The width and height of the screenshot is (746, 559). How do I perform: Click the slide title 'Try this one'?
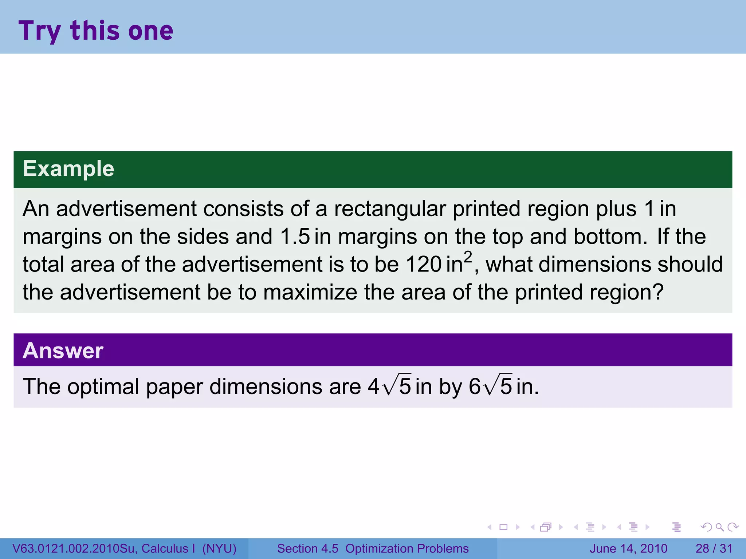click(96, 31)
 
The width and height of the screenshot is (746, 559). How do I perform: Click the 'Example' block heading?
click(68, 169)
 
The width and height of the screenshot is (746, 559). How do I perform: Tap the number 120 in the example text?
click(423, 264)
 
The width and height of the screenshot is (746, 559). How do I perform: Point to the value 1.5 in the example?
click(295, 237)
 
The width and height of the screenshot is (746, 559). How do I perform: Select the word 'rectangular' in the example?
click(390, 209)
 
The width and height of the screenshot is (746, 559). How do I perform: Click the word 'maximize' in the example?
click(310, 292)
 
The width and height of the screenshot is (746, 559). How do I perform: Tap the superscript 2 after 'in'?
click(468, 257)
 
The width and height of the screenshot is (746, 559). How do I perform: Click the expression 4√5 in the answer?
click(389, 386)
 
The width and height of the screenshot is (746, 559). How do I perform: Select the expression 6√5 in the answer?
click(490, 386)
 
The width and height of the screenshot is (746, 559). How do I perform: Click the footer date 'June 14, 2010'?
click(628, 548)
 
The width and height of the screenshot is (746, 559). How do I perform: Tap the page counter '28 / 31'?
click(714, 548)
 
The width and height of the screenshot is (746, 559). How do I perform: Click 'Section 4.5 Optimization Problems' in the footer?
click(373, 548)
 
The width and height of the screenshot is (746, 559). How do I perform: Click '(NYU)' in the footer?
click(219, 548)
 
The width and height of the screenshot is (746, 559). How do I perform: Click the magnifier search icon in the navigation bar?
click(719, 527)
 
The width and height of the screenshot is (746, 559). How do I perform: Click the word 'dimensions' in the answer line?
click(266, 386)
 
